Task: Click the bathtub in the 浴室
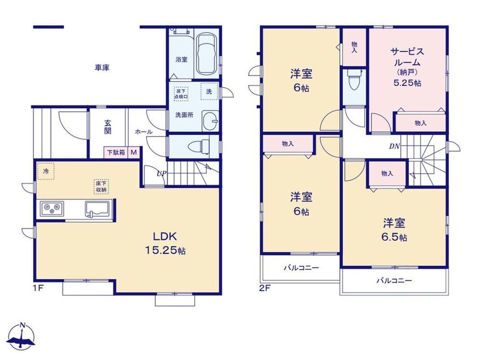coord(206,54)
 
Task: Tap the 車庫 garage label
coord(102,67)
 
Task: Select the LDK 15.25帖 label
coord(165,243)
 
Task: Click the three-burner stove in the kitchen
coord(52,209)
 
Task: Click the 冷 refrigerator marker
coord(45,171)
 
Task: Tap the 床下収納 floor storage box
coord(101,186)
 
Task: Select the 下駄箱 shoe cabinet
coord(116,152)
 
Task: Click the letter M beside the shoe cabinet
coord(134,152)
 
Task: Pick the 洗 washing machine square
coord(209,91)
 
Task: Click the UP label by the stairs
coord(161,174)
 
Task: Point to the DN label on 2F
coord(394,146)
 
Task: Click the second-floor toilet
coord(354,80)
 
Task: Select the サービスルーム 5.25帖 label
coord(407,67)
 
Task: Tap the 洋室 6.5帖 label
coord(394,229)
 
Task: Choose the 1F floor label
coord(39,288)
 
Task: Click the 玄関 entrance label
coord(108,127)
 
